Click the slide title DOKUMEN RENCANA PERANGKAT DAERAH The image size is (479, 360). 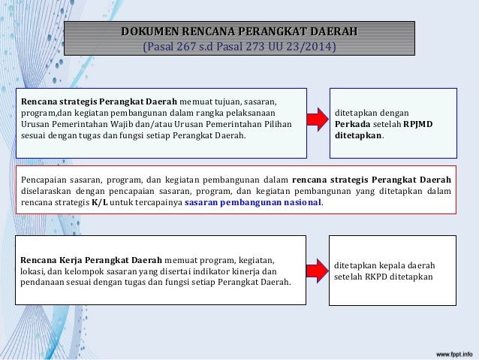[239, 32]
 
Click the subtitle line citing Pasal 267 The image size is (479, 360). [239, 49]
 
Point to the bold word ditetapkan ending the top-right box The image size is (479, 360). [359, 137]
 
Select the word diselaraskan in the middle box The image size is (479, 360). [50, 191]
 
